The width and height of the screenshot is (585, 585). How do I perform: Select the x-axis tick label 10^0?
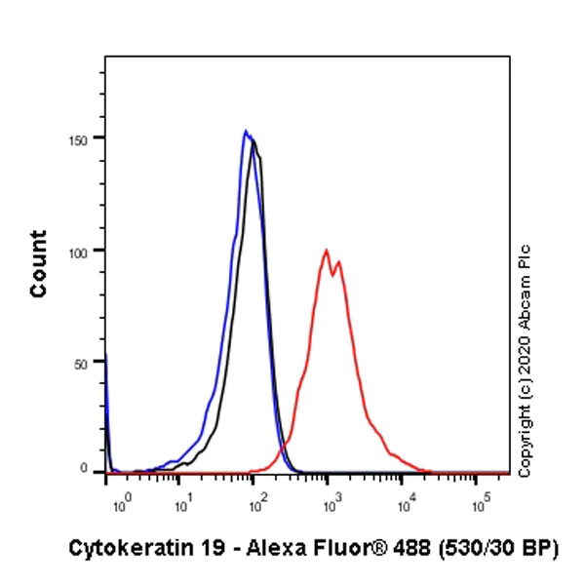(x=121, y=505)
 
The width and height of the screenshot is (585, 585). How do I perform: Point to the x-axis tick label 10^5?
(x=481, y=505)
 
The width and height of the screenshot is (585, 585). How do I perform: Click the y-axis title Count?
(x=39, y=263)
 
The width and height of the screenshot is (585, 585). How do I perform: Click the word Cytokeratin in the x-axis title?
(x=119, y=549)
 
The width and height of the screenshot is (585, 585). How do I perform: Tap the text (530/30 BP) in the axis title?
(x=495, y=549)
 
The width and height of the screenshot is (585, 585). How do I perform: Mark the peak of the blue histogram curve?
(x=246, y=131)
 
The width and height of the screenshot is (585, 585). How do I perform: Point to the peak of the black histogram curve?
(x=253, y=142)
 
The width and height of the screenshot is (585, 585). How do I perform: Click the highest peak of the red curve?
(x=328, y=250)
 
